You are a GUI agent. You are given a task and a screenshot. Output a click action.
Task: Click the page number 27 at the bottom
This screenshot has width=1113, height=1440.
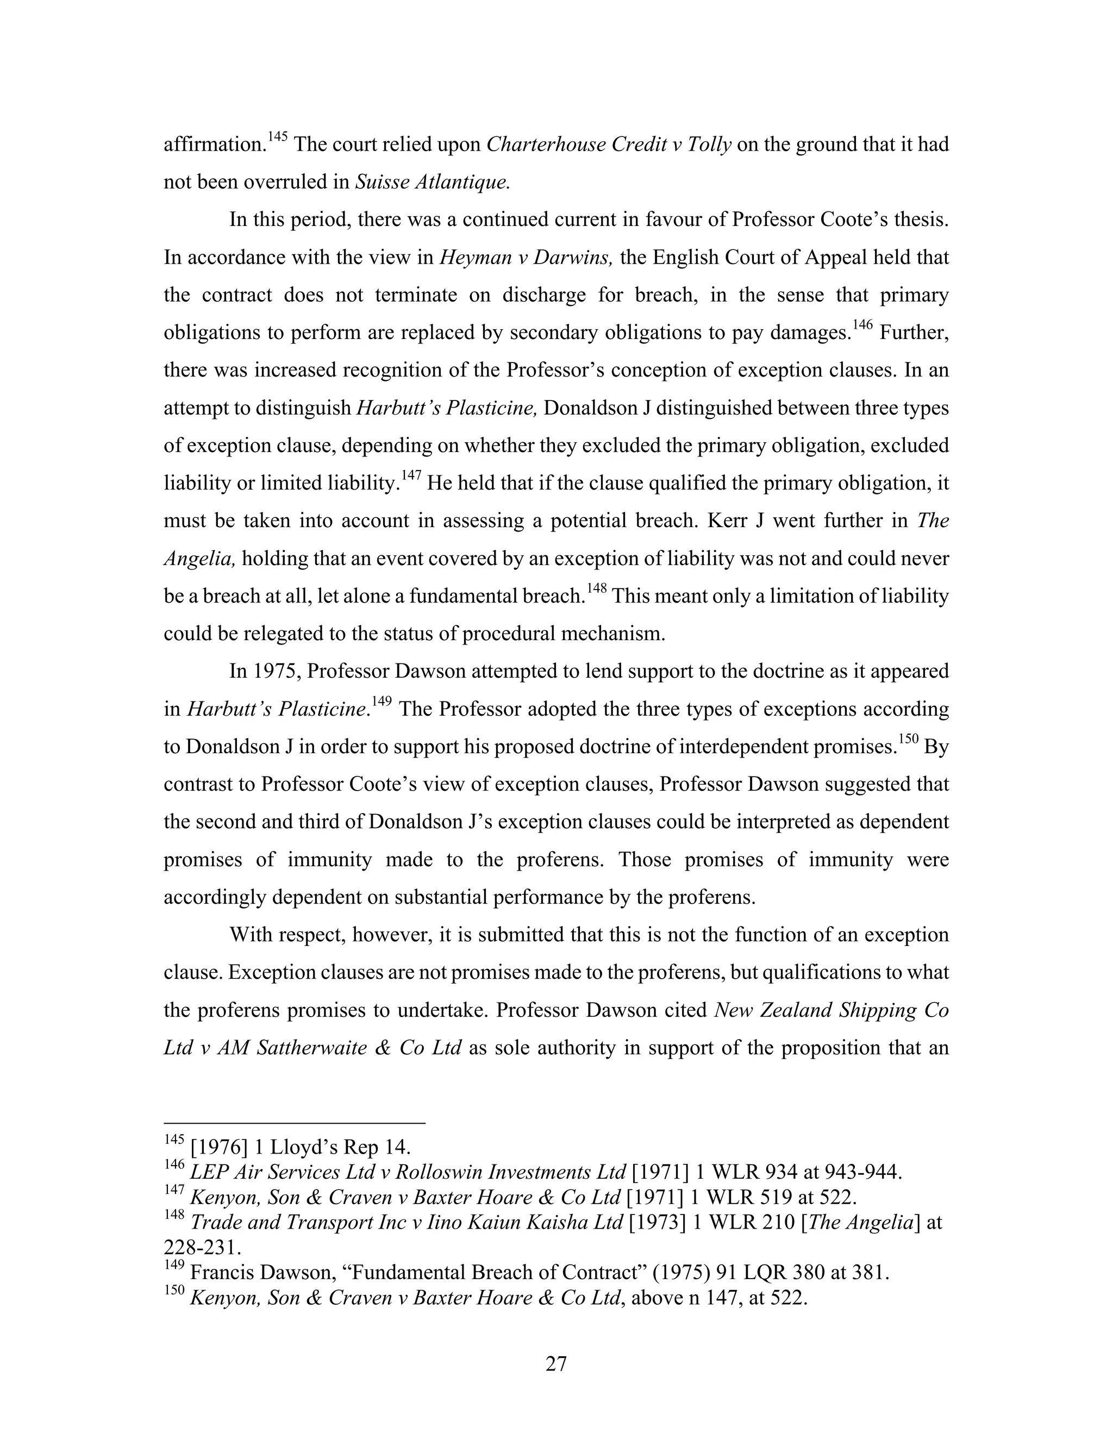pyautogui.click(x=556, y=1363)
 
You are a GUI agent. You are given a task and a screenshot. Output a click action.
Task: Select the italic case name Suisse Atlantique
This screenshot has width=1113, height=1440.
pyautogui.click(x=433, y=182)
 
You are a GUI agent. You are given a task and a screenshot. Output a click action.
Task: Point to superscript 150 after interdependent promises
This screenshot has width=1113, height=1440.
pyautogui.click(x=909, y=740)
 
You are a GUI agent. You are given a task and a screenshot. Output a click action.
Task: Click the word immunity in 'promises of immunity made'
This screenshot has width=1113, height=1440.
pyautogui.click(x=336, y=860)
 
